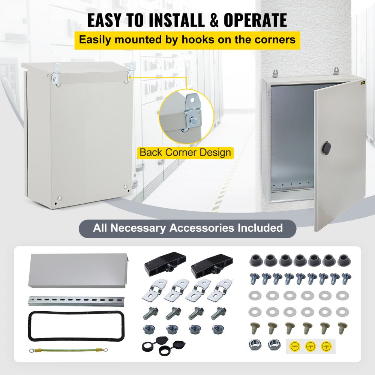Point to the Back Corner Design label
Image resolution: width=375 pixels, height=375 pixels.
click(x=185, y=153)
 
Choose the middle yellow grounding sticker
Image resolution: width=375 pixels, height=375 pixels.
click(x=310, y=346)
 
